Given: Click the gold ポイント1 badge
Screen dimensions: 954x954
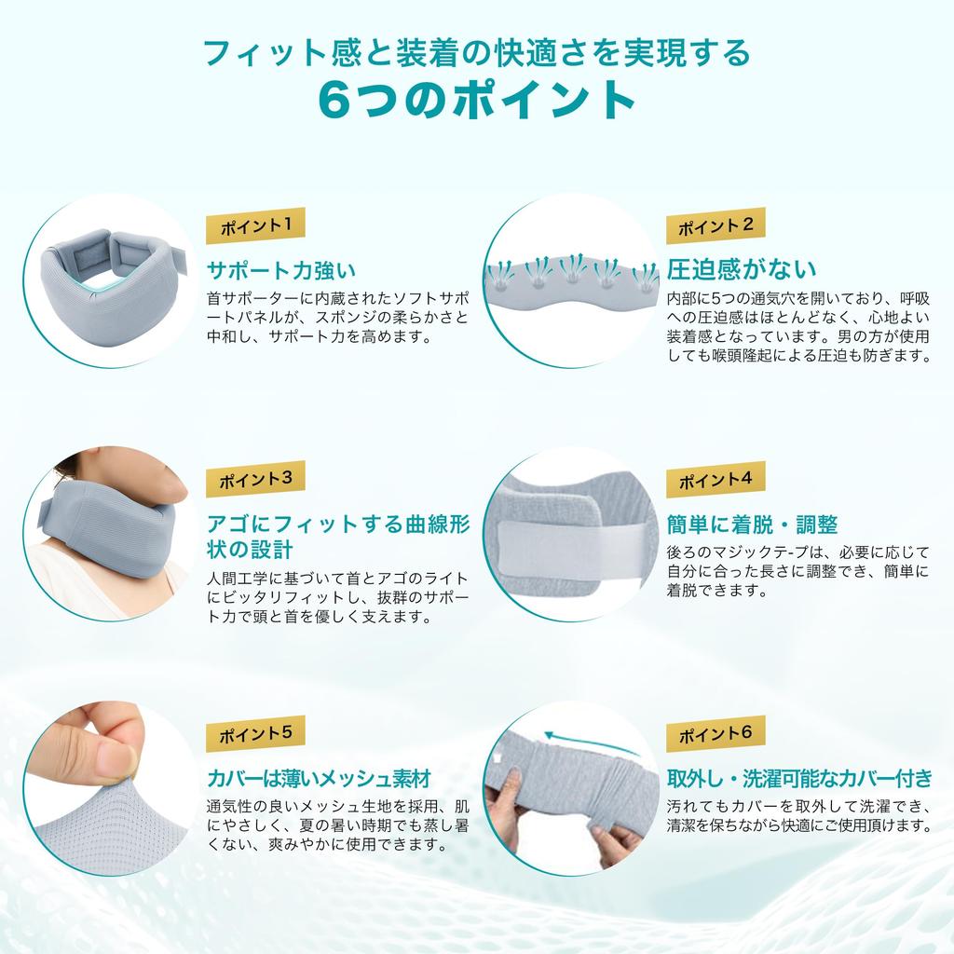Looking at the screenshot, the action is (x=255, y=225).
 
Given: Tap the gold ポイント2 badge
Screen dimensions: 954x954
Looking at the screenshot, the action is (x=715, y=225).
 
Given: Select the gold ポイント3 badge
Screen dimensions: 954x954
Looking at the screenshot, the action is (x=255, y=480).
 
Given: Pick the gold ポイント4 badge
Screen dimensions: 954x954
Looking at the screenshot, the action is (x=715, y=480).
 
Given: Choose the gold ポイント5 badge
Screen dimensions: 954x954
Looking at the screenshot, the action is (x=255, y=734).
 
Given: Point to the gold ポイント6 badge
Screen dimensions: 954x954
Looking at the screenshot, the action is (x=715, y=734).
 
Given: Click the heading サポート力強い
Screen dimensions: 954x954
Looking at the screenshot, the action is (x=281, y=270).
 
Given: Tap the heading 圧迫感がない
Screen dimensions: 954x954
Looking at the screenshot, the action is (x=741, y=269).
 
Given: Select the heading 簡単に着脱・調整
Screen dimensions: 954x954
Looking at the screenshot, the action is (x=752, y=524).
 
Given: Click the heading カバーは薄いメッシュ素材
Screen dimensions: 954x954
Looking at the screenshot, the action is (x=320, y=778).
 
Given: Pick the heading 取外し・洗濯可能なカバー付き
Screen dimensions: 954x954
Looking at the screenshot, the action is (x=799, y=778).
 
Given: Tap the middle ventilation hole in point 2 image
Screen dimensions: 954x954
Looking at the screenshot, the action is (x=572, y=278).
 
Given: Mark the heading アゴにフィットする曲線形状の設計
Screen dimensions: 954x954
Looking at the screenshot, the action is (x=338, y=537).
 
